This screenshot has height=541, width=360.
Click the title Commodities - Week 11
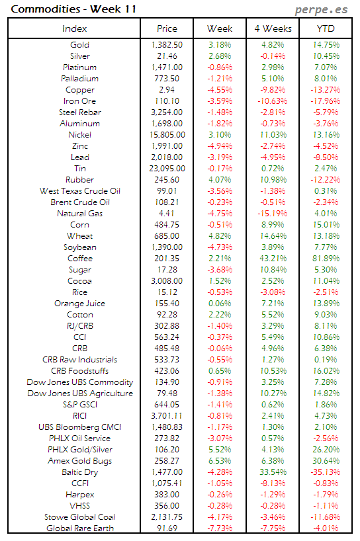tap(54, 9)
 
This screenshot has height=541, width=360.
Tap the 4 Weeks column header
tap(272, 28)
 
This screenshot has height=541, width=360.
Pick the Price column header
tap(167, 28)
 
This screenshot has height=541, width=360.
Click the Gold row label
tap(79, 45)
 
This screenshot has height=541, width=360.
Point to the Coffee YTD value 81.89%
tap(326, 259)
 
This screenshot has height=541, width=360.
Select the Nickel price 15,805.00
tap(167, 135)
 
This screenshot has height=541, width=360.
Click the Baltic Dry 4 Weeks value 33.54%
tap(273, 472)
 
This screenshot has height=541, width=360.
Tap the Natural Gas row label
tap(79, 214)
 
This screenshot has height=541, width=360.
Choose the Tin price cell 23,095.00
tap(167, 169)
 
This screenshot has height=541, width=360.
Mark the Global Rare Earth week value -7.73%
tap(220, 528)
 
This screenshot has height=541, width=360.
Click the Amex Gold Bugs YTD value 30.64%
tap(326, 461)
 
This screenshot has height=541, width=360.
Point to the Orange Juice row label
tap(79, 304)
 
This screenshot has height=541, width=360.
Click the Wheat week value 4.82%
tap(220, 236)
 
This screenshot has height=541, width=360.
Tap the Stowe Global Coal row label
tap(79, 517)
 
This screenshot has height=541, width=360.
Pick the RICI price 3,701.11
tap(167, 416)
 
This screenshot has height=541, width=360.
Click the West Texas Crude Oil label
tap(79, 191)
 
